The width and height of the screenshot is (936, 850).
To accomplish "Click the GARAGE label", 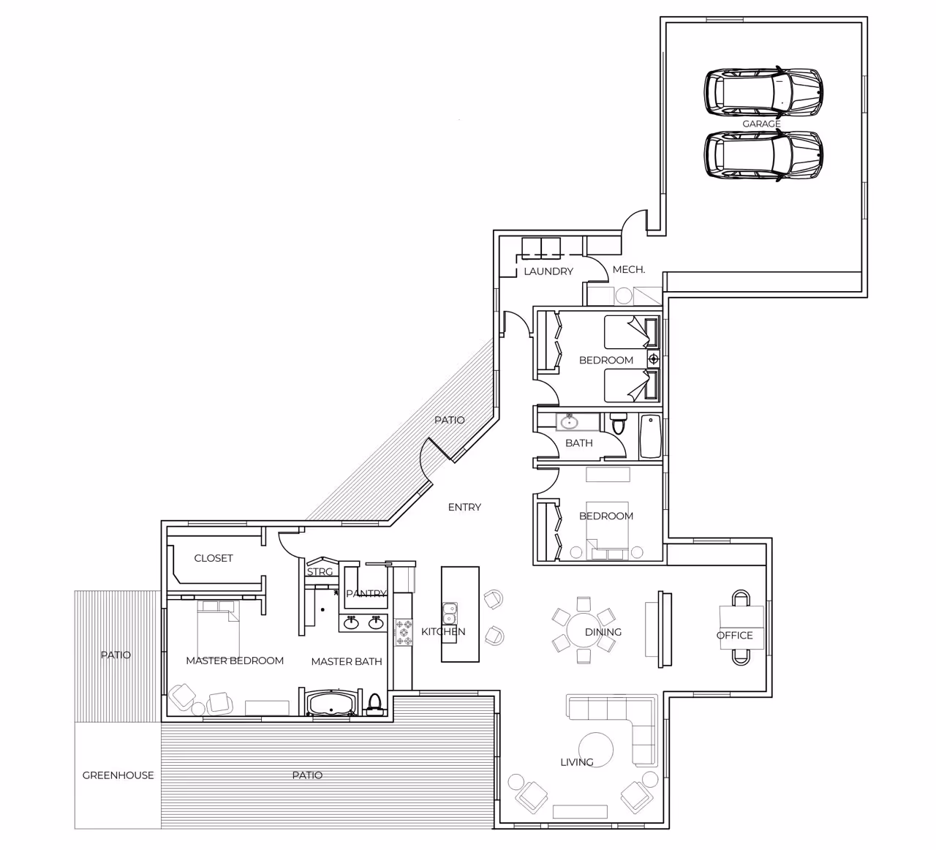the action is point(761,124).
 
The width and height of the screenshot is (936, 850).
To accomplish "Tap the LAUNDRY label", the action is point(548,271).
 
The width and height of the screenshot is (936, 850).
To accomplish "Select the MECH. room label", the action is point(629,269).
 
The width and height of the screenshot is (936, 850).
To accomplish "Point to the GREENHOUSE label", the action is point(118,775).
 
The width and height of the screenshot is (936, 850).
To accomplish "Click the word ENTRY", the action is point(464,507).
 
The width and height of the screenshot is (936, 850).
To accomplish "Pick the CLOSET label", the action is point(214,558).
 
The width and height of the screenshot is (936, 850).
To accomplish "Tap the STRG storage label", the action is point(320,572).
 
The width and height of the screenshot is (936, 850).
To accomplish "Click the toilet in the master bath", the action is point(374,704).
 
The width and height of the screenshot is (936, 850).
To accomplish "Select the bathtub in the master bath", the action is point(331,702).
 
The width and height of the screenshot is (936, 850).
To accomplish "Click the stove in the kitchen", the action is point(404,632).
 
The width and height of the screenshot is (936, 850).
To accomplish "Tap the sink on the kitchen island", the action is point(449,613).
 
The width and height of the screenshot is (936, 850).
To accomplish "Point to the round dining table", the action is point(584,630).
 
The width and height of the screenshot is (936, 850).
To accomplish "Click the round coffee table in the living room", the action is point(596,750).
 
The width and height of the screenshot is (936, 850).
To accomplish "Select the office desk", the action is point(741,628).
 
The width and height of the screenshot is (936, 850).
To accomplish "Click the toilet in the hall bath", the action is point(618,424).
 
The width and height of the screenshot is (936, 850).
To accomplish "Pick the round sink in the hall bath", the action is point(570,422).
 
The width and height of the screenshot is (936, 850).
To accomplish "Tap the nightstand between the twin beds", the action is point(653,359).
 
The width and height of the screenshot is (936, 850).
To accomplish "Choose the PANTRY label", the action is point(366,593).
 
